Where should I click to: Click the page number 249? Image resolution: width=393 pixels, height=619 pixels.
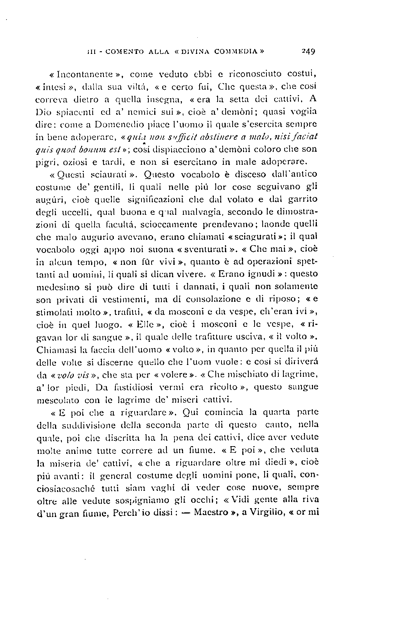pos(308,51)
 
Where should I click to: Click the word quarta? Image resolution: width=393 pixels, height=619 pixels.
pos(279,412)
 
